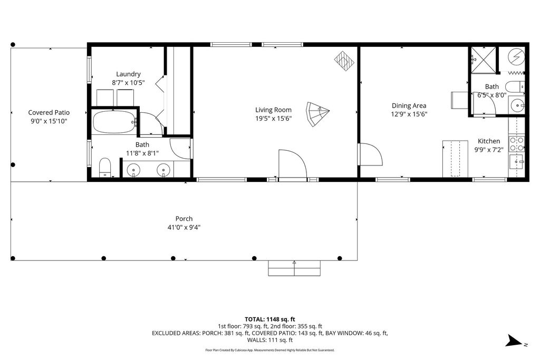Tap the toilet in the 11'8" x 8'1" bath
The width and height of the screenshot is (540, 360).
(x=105, y=167)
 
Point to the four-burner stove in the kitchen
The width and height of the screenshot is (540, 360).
(x=516, y=143)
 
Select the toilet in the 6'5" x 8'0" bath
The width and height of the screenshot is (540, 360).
(x=515, y=86)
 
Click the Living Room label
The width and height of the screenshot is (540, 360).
(x=273, y=110)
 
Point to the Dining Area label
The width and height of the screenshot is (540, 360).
(x=409, y=105)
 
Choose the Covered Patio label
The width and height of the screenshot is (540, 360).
(x=49, y=112)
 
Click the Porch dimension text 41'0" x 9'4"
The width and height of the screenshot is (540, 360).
(x=184, y=228)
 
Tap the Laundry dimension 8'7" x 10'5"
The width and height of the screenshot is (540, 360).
(x=128, y=83)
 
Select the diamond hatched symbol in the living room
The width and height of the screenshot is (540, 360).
(x=344, y=60)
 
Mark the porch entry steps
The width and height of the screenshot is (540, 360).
(x=294, y=268)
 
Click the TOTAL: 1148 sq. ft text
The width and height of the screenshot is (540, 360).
(x=269, y=319)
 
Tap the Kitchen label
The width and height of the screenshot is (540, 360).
(x=489, y=141)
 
